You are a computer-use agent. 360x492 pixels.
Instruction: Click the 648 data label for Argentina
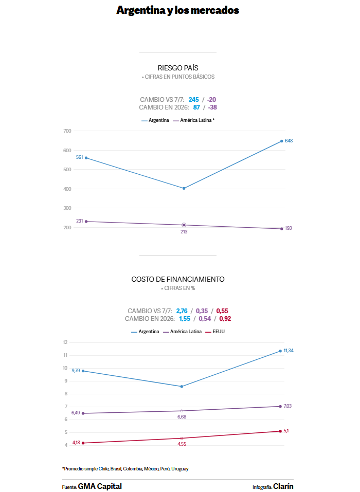(x=289, y=141)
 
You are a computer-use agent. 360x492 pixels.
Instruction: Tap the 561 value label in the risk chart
(x=79, y=157)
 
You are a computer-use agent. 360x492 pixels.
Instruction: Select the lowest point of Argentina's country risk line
(x=184, y=189)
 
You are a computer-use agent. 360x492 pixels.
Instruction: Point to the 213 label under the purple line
(x=184, y=232)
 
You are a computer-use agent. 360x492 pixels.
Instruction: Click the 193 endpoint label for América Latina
(x=288, y=228)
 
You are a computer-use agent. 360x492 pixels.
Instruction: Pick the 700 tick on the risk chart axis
(x=67, y=131)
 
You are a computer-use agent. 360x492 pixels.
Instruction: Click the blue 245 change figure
(x=194, y=99)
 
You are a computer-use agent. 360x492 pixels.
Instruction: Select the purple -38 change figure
(x=212, y=107)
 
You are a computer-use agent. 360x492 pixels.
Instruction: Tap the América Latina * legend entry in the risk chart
(x=194, y=120)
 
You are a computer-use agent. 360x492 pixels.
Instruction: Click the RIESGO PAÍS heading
(x=178, y=68)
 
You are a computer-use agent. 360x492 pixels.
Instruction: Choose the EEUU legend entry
(x=215, y=332)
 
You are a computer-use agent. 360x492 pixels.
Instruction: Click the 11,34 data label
(x=289, y=351)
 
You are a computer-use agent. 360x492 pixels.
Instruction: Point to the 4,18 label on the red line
(x=76, y=443)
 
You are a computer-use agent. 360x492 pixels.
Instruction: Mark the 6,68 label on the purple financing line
(x=182, y=417)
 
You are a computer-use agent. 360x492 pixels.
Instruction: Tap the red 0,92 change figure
(x=225, y=319)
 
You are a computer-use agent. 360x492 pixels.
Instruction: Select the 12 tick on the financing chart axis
(x=65, y=342)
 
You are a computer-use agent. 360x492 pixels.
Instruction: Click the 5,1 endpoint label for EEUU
(x=286, y=431)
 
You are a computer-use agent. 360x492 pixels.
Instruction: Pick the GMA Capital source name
(x=100, y=486)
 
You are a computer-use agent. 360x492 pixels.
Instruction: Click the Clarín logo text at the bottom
(x=283, y=486)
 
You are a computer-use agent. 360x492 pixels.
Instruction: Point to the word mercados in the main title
(x=215, y=10)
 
